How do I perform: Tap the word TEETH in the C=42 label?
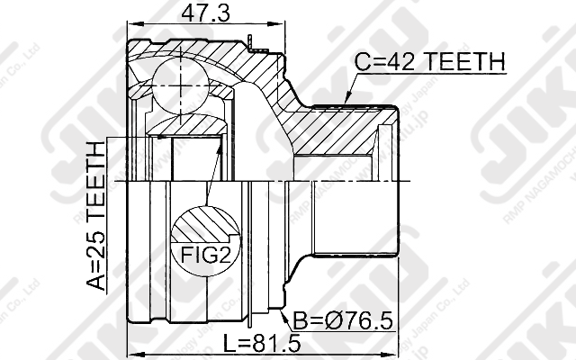click(x=462, y=61)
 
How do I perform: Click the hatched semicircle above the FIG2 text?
click(x=206, y=225)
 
